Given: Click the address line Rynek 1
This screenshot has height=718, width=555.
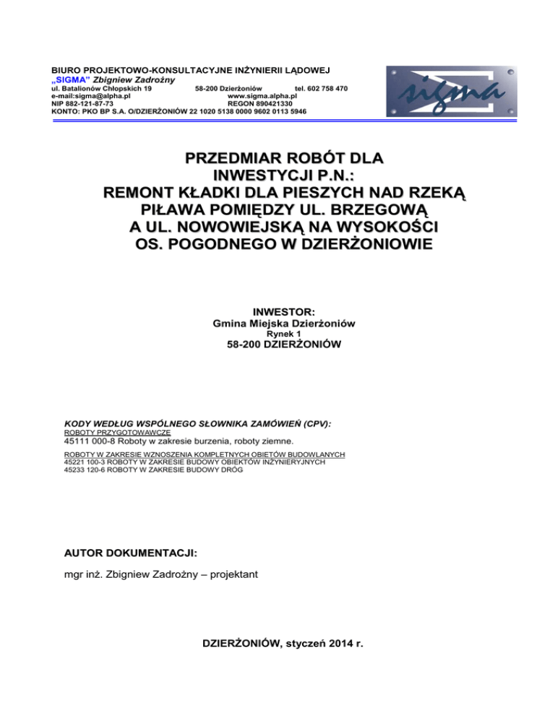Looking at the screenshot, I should coord(277,334).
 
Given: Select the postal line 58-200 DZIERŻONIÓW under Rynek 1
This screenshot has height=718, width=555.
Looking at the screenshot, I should coord(277,347).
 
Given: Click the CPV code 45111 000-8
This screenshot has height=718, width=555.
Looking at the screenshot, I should coord(90,441).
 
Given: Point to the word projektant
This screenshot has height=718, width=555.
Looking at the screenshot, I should coord(223,575).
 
